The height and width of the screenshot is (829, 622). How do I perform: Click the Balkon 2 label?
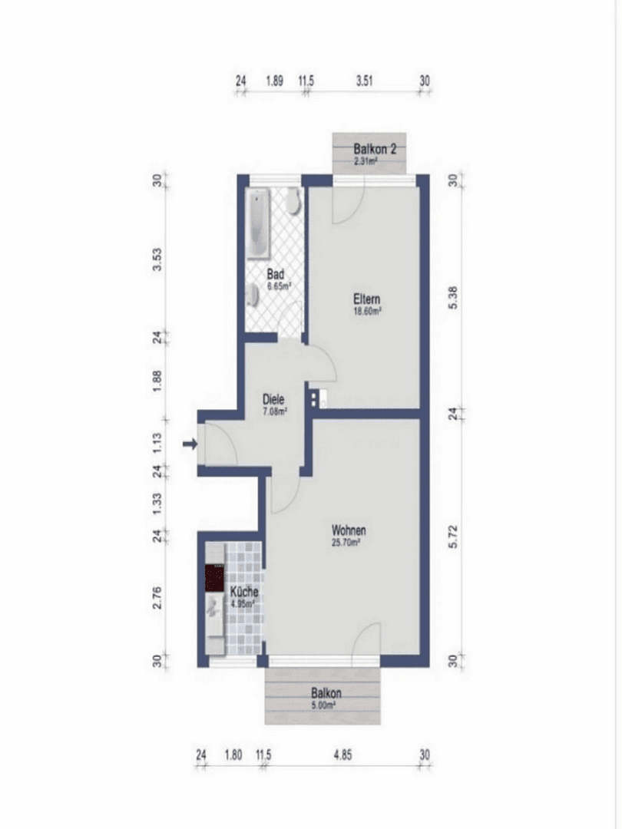(x=375, y=149)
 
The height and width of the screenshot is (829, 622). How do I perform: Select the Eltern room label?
(x=367, y=299)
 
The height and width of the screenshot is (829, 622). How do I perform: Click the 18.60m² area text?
(x=367, y=312)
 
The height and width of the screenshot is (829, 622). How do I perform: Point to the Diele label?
(x=274, y=400)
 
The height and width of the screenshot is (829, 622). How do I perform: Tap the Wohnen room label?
(x=348, y=530)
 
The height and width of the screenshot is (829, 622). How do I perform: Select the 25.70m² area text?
(x=347, y=542)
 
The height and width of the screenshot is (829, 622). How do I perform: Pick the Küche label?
(x=244, y=593)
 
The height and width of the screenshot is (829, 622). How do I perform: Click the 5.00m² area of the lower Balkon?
(x=323, y=704)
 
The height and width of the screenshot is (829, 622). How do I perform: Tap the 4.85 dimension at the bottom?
(x=342, y=755)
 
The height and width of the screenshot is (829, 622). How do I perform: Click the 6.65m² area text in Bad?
(x=278, y=286)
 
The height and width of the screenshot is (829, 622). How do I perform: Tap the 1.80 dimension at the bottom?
(x=233, y=755)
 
